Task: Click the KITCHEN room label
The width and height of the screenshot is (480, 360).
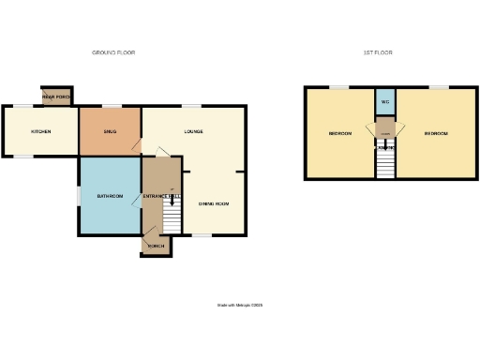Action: (x=40, y=131)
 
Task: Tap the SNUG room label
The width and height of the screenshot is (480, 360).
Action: (x=109, y=131)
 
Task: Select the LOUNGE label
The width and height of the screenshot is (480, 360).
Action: (x=194, y=131)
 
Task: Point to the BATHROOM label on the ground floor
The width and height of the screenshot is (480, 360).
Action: (x=110, y=196)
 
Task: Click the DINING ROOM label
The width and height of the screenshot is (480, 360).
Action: (x=213, y=203)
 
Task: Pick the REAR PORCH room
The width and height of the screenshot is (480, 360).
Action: (x=56, y=97)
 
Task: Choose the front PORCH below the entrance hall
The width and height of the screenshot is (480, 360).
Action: (x=156, y=246)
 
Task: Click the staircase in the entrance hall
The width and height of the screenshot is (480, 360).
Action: (x=171, y=219)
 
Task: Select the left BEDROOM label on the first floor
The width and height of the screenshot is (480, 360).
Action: (x=339, y=134)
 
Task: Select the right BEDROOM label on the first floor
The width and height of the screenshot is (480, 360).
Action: (x=436, y=134)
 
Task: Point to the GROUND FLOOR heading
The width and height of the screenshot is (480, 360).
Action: (x=112, y=52)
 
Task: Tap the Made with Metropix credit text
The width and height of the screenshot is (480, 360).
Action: (x=241, y=305)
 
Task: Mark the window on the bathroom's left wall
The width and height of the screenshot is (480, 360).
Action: (x=79, y=196)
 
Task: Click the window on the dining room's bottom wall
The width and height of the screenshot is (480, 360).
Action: (x=201, y=235)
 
